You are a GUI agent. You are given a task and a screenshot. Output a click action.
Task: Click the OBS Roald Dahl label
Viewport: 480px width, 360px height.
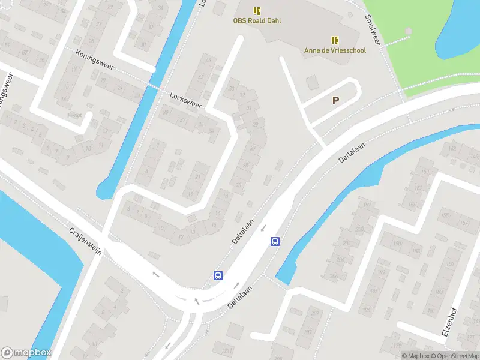(257, 20)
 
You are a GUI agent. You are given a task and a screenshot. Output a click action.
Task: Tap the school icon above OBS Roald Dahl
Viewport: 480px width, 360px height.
(257, 10)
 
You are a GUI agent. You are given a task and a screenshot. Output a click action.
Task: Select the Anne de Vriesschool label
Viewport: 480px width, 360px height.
(334, 50)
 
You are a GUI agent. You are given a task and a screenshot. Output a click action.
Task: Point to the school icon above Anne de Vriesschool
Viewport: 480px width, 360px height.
(335, 40)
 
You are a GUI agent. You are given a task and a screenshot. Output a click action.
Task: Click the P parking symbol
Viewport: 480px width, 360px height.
(335, 101)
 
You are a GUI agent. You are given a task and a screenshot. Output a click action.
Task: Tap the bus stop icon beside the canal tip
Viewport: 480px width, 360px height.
(275, 242)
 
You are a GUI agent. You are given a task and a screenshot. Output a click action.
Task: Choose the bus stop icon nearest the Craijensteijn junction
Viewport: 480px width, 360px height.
(218, 276)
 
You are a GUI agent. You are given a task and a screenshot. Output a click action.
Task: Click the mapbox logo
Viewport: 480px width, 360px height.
(26, 353)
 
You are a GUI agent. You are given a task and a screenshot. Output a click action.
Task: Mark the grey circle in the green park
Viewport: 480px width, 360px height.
(409, 31)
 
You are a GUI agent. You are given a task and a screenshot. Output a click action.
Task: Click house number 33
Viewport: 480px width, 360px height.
(231, 88)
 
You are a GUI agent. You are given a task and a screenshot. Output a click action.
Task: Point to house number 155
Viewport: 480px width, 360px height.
(445, 215)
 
